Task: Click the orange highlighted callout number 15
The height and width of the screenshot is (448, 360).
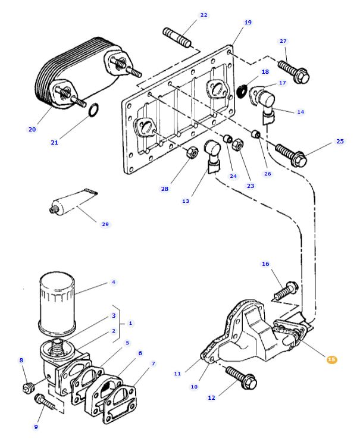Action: tap(331, 359)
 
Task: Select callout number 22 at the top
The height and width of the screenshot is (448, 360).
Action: tap(204, 15)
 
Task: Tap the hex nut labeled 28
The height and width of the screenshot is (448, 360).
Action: tap(192, 153)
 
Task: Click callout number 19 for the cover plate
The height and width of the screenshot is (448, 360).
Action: tap(248, 23)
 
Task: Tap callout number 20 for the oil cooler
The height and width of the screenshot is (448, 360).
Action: tap(32, 129)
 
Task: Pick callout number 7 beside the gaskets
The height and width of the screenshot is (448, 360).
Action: tap(153, 363)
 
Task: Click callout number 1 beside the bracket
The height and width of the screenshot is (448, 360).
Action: tap(130, 322)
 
